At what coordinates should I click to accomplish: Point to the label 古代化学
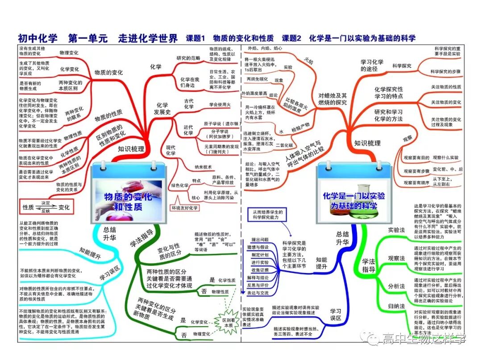tap(189, 104)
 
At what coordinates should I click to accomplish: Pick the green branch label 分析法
tap(396, 286)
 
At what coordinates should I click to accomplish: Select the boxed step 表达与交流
tap(258, 293)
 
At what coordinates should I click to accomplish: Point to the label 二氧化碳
tap(284, 145)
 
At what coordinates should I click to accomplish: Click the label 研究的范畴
tap(189, 58)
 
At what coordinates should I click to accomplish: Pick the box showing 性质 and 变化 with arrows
tap(46, 207)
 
